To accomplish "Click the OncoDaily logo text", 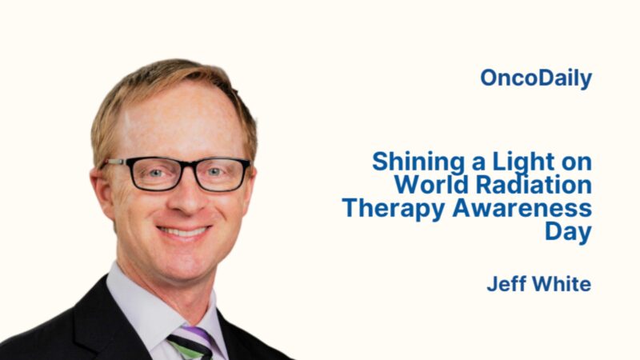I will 536,78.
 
